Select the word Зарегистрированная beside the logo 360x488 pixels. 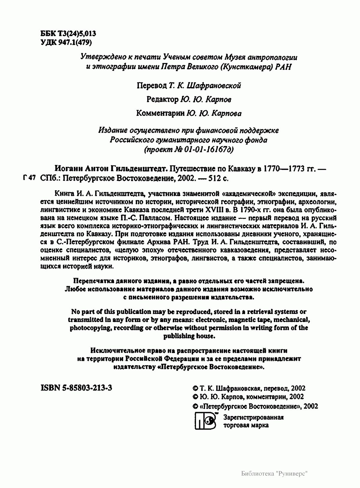tap(253, 417)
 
